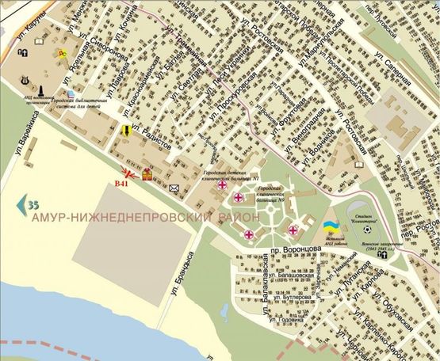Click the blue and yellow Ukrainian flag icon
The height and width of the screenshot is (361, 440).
329,228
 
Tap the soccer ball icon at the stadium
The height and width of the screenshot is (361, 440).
368,230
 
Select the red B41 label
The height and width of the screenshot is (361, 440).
122,184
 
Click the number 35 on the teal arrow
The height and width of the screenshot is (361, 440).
33,206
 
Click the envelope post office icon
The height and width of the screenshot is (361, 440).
174,188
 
